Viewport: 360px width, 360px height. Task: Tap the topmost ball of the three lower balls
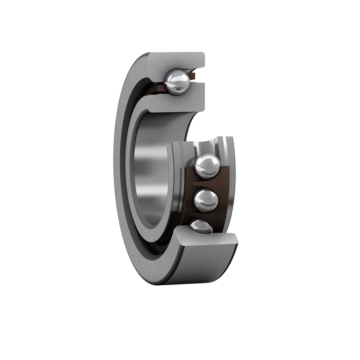click(207, 166)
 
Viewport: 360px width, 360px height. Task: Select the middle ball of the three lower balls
click(206, 200)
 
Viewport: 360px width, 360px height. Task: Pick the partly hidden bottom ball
click(201, 227)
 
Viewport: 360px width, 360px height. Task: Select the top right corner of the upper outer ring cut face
click(203, 54)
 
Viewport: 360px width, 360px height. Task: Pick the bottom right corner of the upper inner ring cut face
click(203, 110)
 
